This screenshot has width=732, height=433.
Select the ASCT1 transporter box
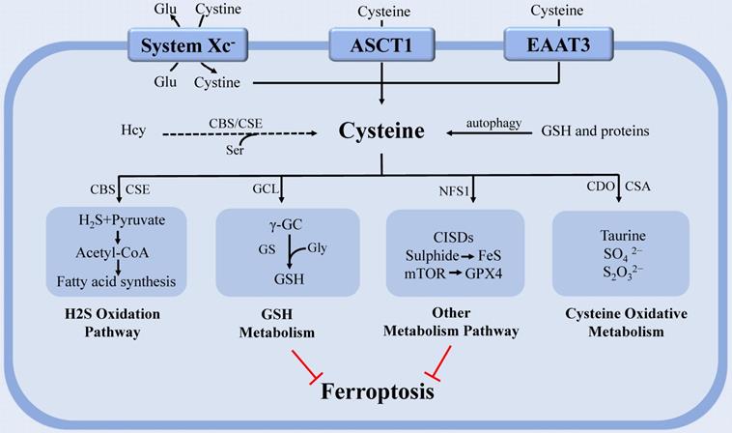[x=383, y=45]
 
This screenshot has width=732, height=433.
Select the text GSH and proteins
[x=593, y=130]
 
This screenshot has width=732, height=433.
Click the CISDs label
[x=454, y=235]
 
